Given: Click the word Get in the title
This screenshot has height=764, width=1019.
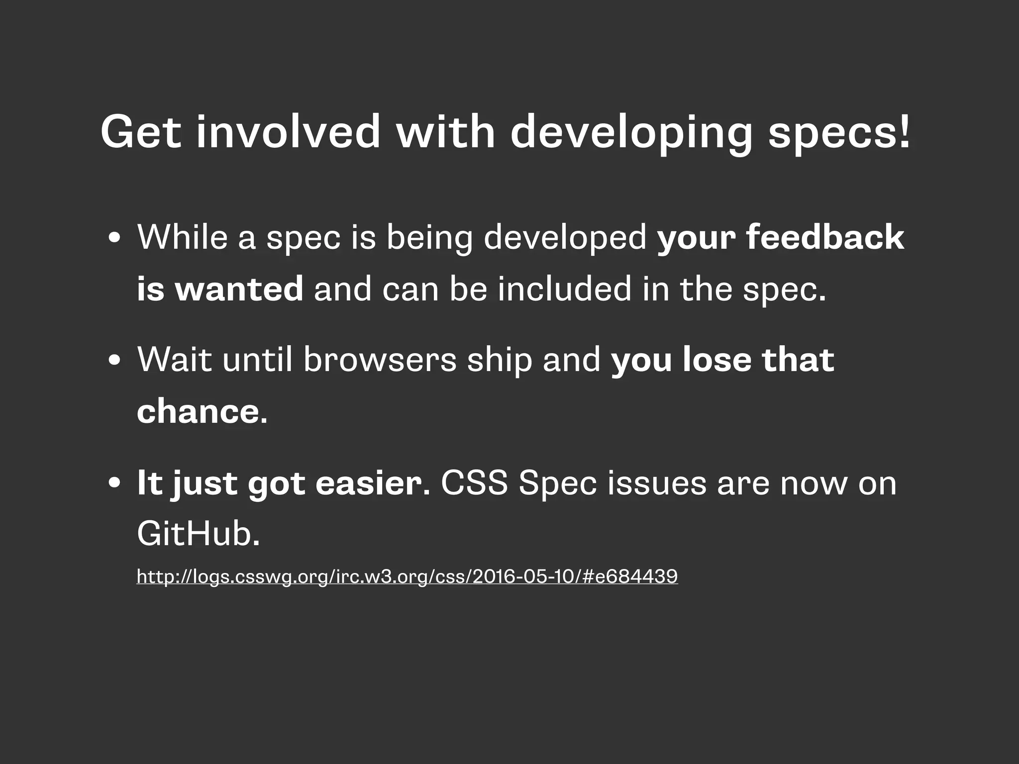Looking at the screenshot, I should tap(141, 132).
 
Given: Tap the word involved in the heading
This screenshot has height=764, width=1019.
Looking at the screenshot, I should tap(288, 132).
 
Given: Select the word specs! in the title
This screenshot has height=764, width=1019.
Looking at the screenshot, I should tap(839, 132).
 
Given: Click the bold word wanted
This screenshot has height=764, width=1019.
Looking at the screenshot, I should tap(239, 289).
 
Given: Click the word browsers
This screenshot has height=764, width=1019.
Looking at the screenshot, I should tap(380, 360).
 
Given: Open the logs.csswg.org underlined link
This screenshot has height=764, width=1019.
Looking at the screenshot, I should tap(407, 576).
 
